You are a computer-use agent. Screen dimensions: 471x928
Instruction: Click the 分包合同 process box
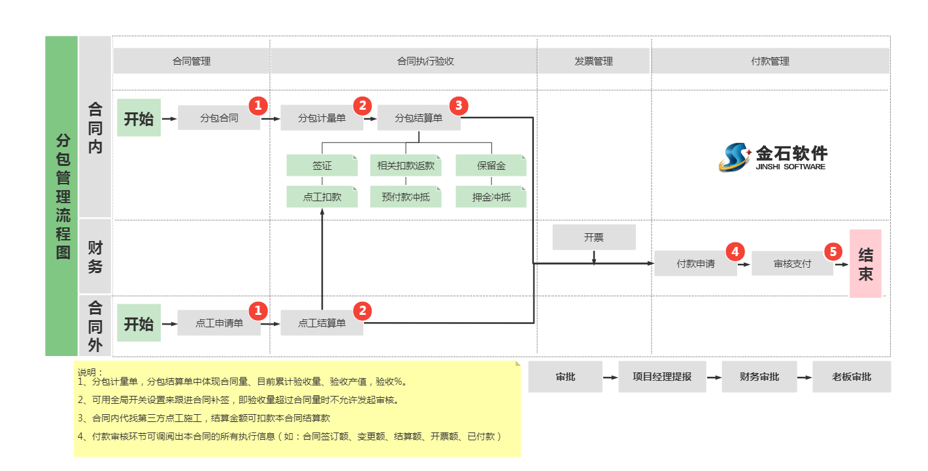(219, 118)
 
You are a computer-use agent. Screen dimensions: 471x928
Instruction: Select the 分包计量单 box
(322, 118)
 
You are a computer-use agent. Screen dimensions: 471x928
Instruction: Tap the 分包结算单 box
(418, 118)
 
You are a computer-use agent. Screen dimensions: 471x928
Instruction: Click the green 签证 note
(322, 166)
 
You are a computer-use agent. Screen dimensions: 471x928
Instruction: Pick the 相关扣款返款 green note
(405, 166)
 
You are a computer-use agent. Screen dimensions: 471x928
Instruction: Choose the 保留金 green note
(491, 166)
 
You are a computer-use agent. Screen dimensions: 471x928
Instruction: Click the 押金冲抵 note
(491, 197)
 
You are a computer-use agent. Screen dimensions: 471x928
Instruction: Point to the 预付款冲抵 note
(405, 197)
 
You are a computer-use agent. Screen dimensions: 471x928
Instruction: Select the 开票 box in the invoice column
(593, 237)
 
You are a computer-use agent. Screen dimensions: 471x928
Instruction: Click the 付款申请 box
(695, 264)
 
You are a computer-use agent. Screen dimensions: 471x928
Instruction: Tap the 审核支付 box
(792, 264)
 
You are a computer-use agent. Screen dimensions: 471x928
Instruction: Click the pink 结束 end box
(865, 264)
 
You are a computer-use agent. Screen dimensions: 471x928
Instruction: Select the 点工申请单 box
(219, 323)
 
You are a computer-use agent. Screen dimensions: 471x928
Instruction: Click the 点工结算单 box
(322, 323)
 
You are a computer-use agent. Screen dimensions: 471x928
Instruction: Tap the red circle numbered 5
(833, 252)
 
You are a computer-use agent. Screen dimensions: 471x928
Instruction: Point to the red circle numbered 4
(735, 252)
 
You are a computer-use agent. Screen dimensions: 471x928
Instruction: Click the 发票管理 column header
(593, 61)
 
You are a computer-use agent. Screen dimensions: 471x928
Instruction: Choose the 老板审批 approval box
(852, 377)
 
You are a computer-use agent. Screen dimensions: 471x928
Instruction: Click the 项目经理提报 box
(662, 377)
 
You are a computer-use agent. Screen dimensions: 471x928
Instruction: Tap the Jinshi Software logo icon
(735, 157)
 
